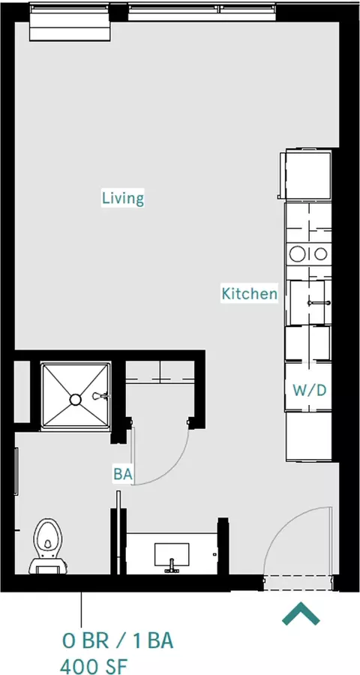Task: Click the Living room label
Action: pos(123,199)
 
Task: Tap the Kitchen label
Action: pos(249,293)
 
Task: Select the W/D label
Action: pos(309,391)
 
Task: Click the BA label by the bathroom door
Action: pos(123,474)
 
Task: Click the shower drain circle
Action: pos(75,400)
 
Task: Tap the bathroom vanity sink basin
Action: pos(172,554)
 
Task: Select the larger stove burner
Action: pos(298,253)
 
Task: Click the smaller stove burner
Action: pos(321,254)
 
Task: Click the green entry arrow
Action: pos(301,613)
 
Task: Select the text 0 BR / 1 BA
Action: pos(118,641)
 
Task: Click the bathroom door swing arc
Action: pos(173,467)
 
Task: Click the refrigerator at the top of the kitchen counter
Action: pos(306,174)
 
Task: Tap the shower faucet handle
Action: pos(100,395)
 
